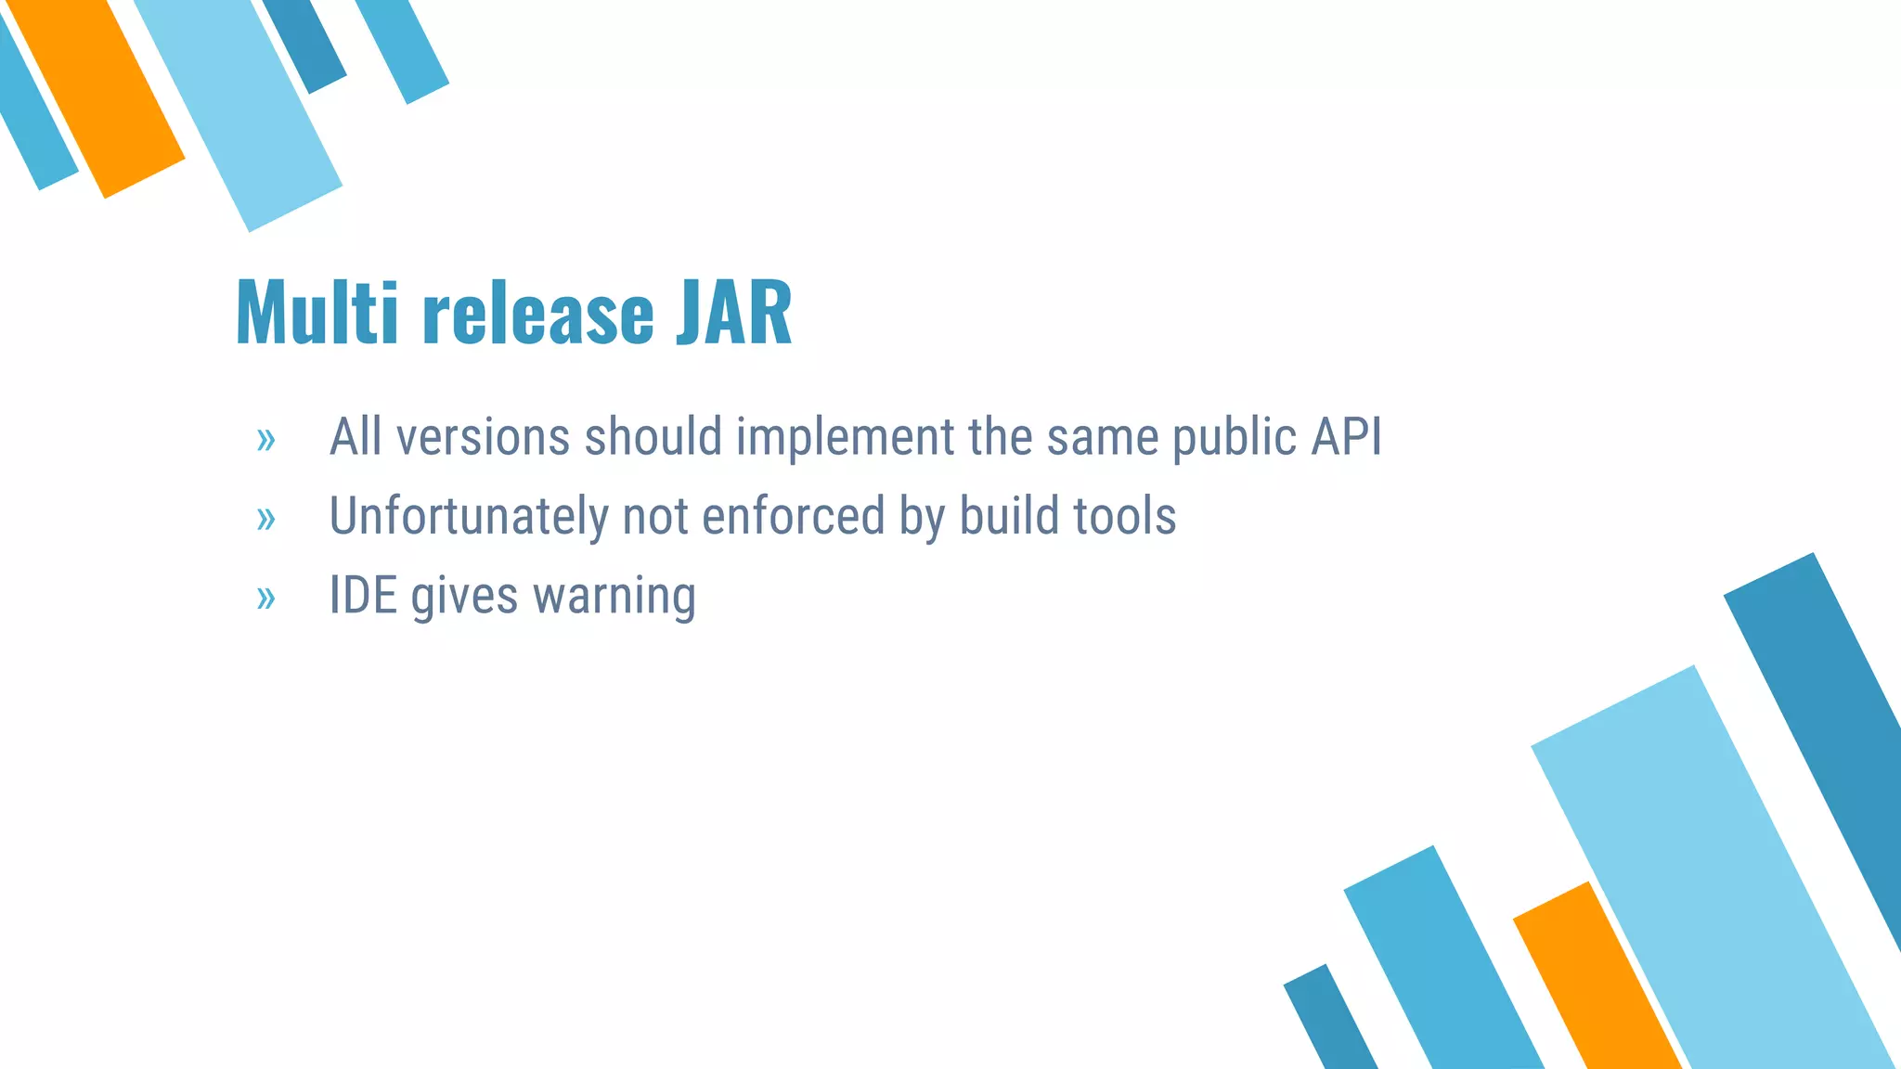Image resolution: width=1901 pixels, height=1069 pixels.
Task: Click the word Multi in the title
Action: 317,313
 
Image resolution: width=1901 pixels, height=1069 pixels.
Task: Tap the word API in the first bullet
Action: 1346,436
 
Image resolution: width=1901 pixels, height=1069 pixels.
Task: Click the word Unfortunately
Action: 468,517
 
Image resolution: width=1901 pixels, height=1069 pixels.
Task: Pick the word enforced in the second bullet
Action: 793,516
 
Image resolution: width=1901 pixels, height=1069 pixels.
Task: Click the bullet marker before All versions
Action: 266,440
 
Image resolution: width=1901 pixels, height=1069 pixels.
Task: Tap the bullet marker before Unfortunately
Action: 266,519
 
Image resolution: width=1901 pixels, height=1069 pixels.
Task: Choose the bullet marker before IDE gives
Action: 266,599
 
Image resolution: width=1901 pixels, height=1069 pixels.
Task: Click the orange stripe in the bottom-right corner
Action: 1597,984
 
